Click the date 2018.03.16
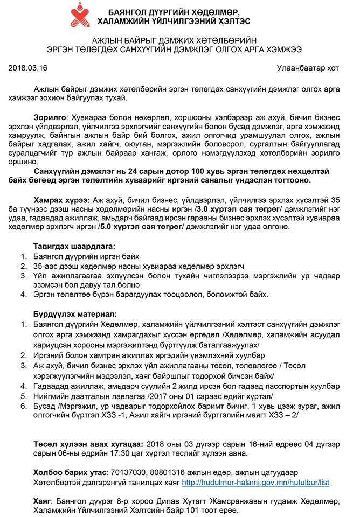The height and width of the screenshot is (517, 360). coord(27,68)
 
